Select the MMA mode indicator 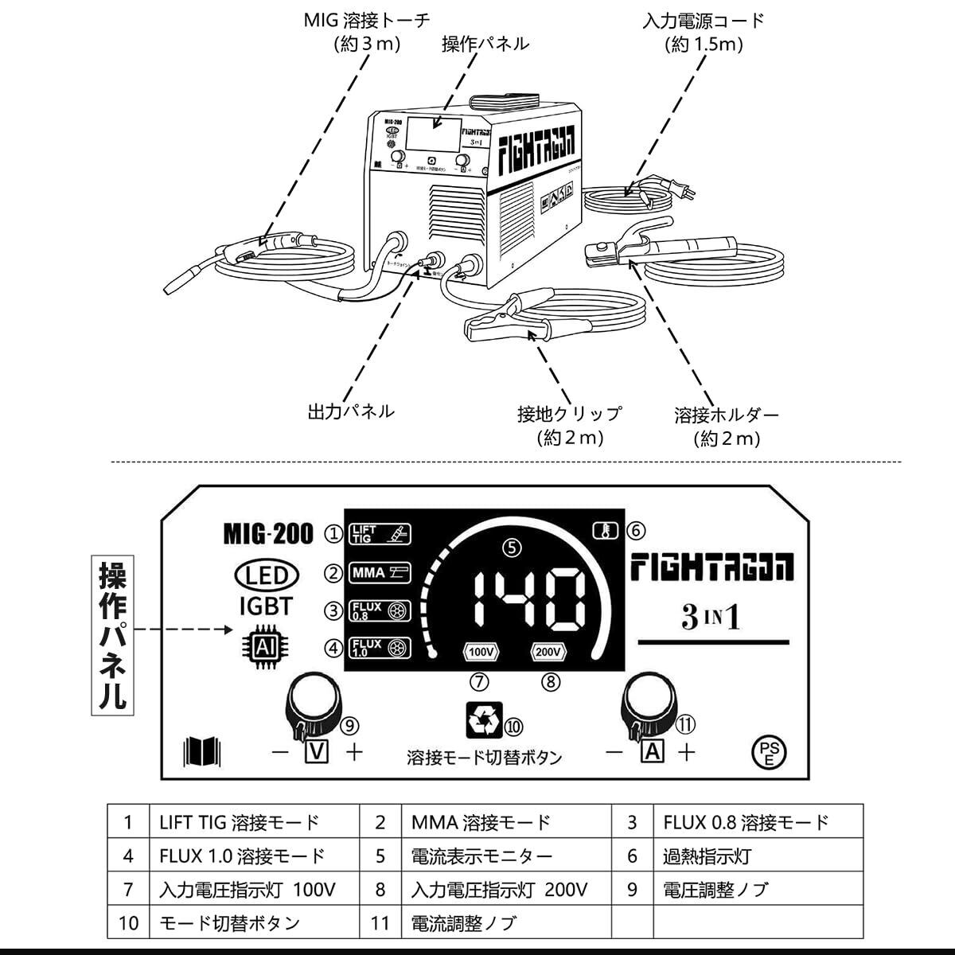point(380,572)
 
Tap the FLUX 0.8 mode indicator point(380,610)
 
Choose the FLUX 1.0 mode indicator point(380,648)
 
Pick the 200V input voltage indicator point(549,652)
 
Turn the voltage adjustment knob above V point(313,701)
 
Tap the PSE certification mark point(768,751)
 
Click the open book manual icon point(202,750)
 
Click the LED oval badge point(265,575)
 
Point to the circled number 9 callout point(349,725)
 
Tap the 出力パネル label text point(350,411)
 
